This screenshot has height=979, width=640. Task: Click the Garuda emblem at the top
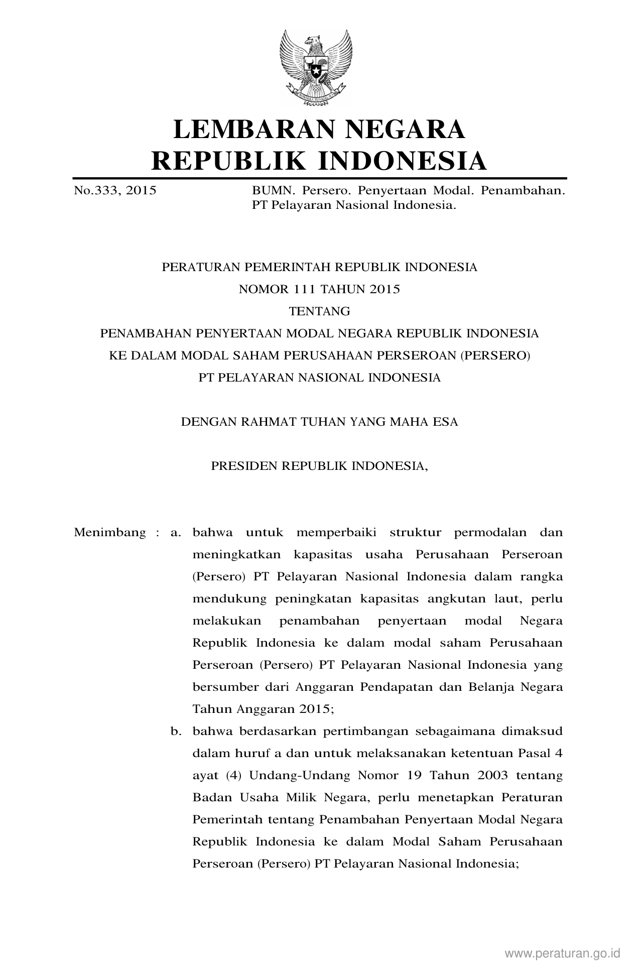tap(316, 67)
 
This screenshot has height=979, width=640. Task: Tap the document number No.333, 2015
tap(115, 191)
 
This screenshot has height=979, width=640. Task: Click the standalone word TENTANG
tap(320, 311)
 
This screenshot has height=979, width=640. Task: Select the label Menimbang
tap(110, 532)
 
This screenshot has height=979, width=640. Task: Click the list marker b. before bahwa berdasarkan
tap(175, 731)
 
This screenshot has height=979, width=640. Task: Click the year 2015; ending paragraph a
tap(317, 709)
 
